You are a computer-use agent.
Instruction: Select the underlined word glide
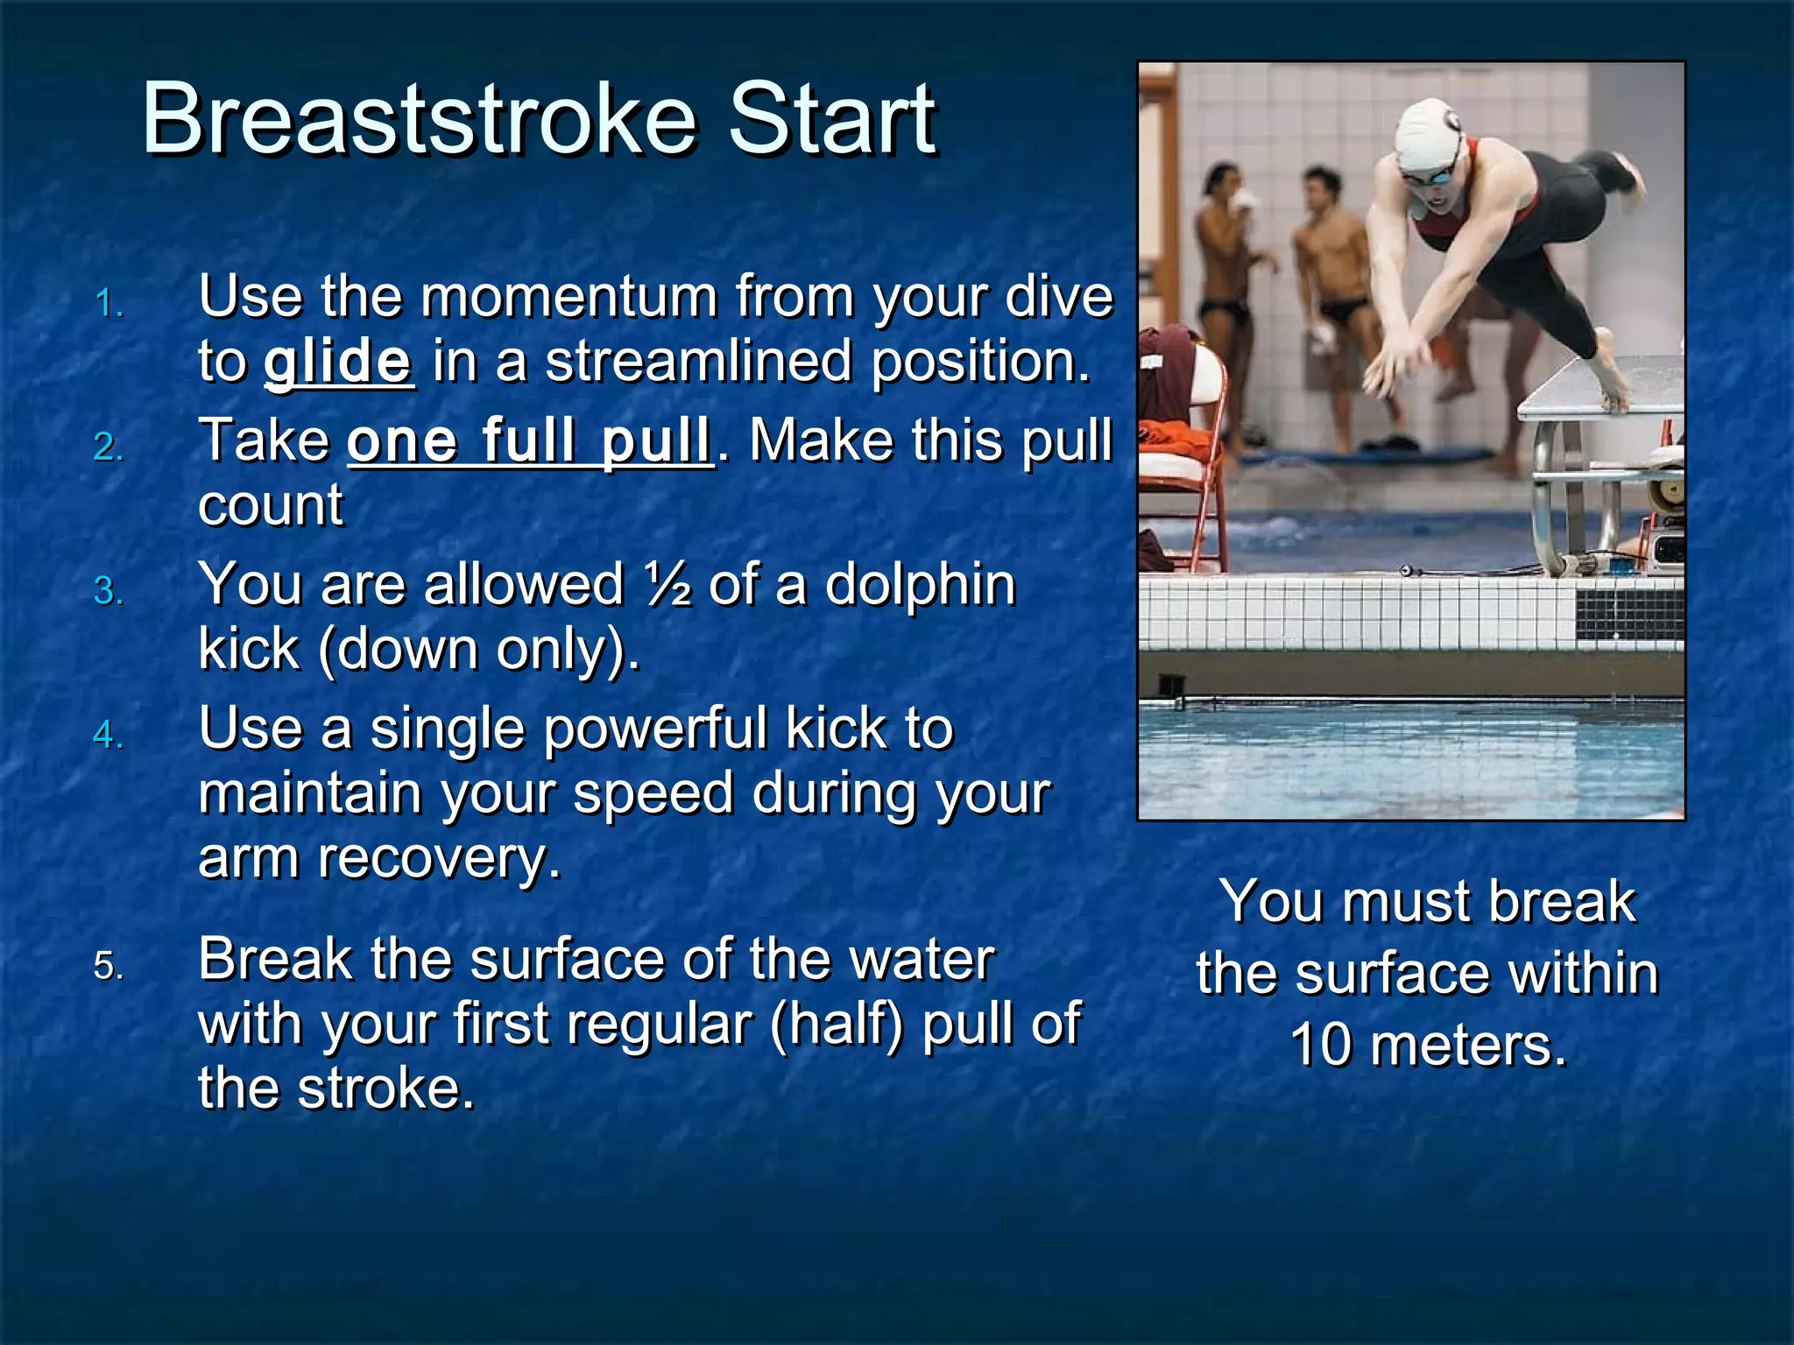coord(338,361)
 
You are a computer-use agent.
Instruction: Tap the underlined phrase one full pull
coord(530,440)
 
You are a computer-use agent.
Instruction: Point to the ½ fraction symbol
coord(667,584)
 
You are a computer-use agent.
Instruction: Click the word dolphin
coord(920,584)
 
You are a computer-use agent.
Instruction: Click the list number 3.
coord(108,592)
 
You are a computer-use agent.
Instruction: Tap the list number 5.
coord(108,967)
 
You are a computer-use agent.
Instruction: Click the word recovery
coord(438,858)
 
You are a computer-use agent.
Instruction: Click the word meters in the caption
coord(1467,1046)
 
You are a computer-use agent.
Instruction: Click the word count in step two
coord(271,505)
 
